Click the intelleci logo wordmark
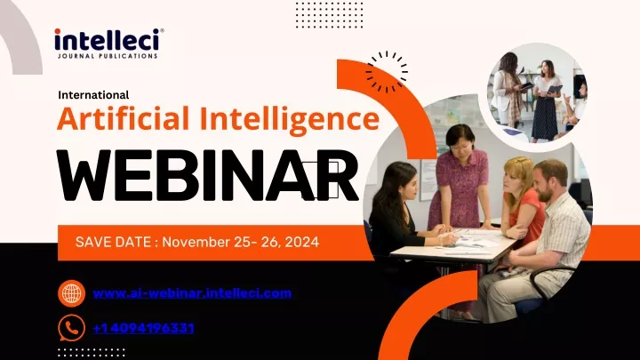(x=107, y=40)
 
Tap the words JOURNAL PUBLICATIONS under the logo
(x=108, y=56)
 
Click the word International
(x=93, y=95)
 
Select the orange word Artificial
(x=124, y=118)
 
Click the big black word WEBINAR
(x=207, y=175)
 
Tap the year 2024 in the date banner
(x=302, y=242)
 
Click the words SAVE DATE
(x=113, y=242)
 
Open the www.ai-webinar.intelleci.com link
(x=192, y=293)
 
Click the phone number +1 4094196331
(x=143, y=328)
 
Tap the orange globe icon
(x=71, y=293)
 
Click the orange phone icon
(x=71, y=328)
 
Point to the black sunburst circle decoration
(x=386, y=72)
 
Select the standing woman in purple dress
(x=460, y=180)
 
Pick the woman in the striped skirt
(x=545, y=102)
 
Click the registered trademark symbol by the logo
(x=162, y=30)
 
